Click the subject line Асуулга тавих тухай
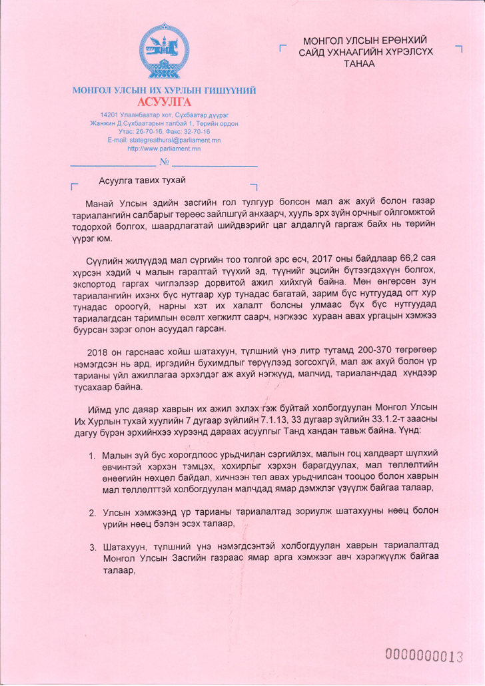(141, 180)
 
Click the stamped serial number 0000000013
(424, 655)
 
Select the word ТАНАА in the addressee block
(359, 63)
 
